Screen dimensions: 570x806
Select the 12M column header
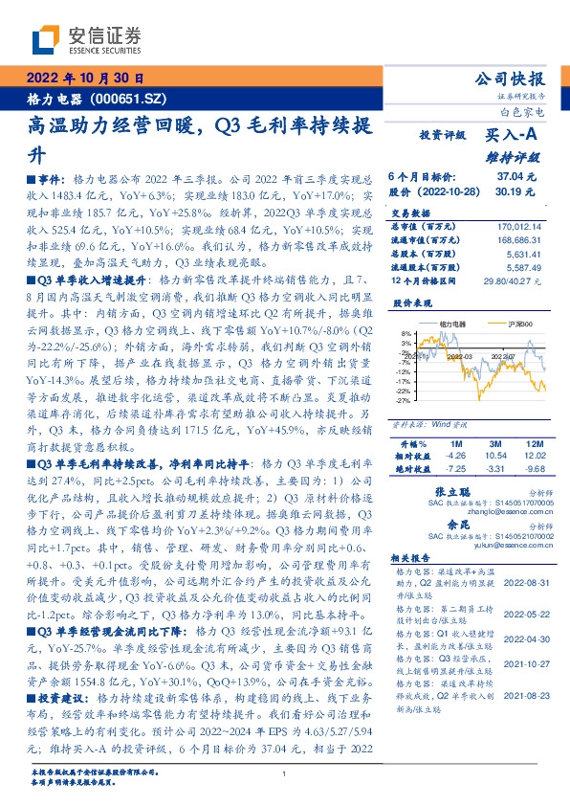(534, 444)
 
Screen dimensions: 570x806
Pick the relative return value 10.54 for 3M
(495, 456)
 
